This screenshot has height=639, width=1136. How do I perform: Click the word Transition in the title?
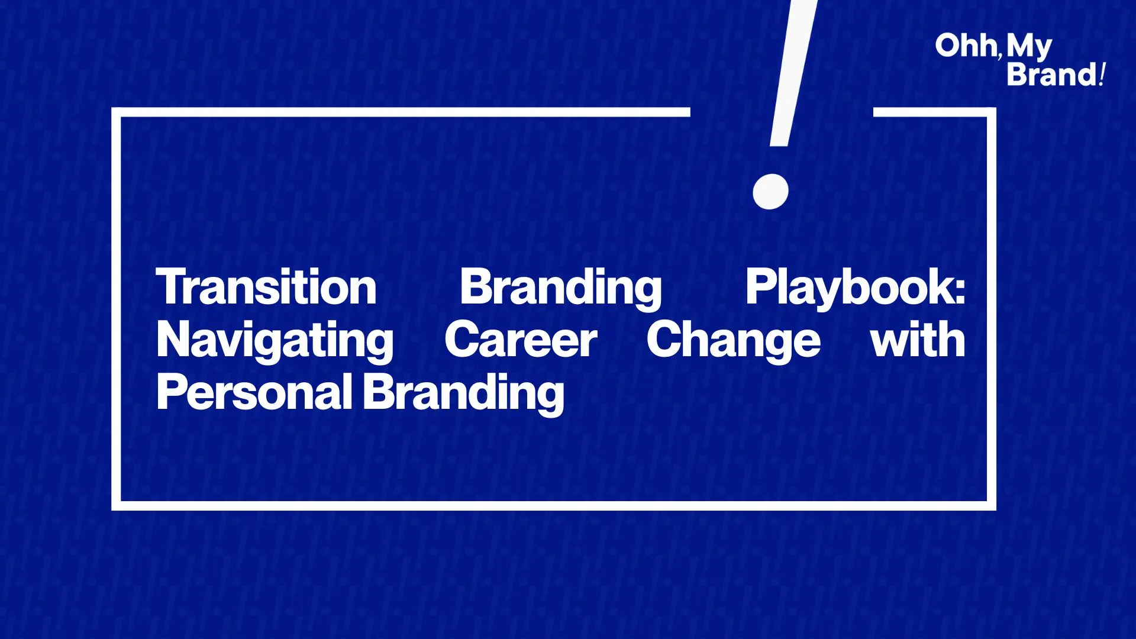click(x=266, y=287)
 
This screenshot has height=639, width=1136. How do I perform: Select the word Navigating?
click(x=275, y=341)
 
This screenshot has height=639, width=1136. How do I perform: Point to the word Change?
click(x=733, y=341)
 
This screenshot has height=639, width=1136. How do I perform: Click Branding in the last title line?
click(x=463, y=393)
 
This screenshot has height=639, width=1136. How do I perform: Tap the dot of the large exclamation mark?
click(x=770, y=191)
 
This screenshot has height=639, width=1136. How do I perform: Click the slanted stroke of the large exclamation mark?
click(x=793, y=73)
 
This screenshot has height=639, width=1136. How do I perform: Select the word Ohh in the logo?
click(x=966, y=46)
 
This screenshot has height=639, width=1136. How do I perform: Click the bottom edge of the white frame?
click(x=554, y=506)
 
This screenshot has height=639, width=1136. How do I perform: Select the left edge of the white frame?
click(x=116, y=309)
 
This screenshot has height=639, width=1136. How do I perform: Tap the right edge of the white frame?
click(x=992, y=309)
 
